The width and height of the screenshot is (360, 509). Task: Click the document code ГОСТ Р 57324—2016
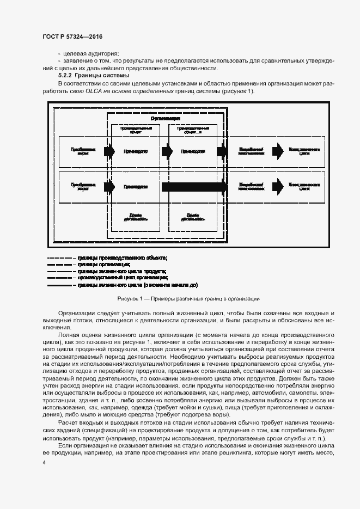click(72, 36)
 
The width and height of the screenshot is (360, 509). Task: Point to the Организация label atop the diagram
click(165, 118)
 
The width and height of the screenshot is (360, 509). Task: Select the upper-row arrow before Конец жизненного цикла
click(278, 150)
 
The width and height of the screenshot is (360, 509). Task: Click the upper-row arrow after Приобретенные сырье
click(109, 150)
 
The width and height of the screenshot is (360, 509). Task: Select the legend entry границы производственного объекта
click(123, 257)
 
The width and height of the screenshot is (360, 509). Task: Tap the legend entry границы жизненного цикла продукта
click(122, 271)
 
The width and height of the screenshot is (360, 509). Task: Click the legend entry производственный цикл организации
click(123, 278)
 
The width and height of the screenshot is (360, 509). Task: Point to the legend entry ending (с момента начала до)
click(137, 285)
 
